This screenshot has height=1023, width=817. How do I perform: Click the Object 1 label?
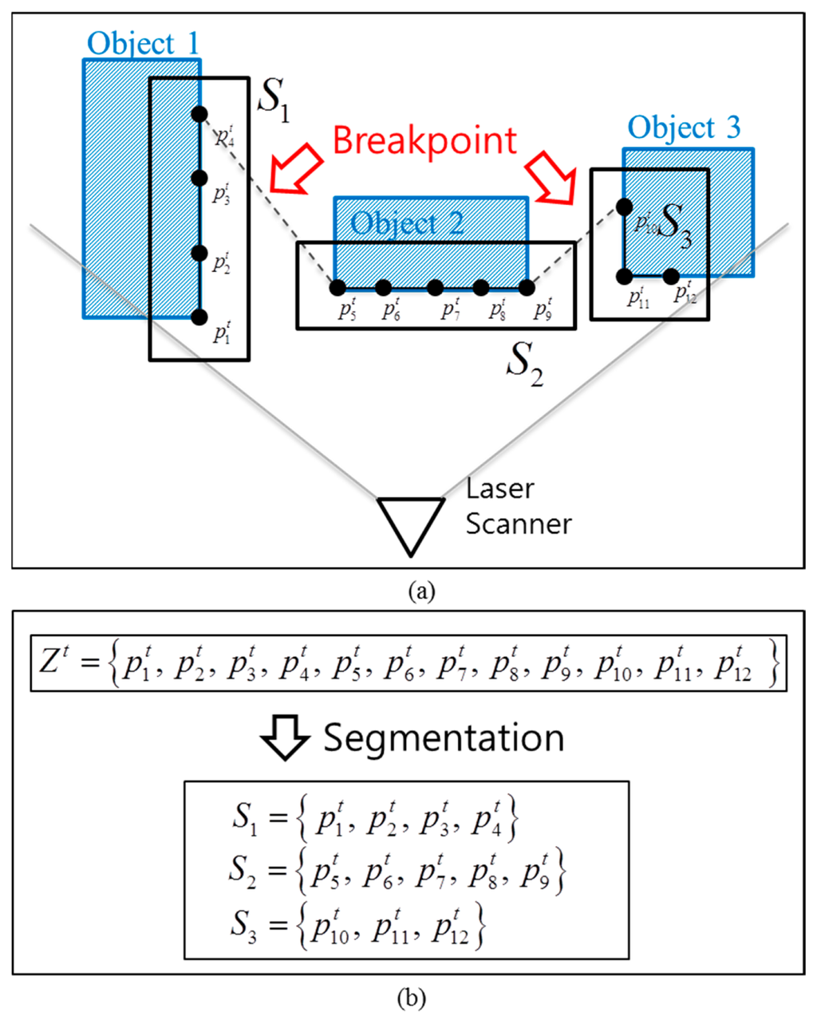click(143, 43)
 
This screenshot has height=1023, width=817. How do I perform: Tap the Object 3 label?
click(684, 128)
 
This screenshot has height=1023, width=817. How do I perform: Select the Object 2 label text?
click(407, 223)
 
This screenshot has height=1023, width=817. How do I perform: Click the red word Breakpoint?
click(424, 141)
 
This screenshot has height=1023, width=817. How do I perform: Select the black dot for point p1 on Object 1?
click(199, 317)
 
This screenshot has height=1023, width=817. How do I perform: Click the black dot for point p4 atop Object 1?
click(199, 114)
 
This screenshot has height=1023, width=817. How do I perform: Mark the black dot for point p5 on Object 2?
click(337, 287)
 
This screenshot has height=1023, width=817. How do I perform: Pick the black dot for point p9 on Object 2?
click(526, 287)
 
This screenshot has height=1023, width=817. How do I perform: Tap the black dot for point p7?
click(435, 287)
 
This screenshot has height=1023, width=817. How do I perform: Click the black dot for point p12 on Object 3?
click(671, 277)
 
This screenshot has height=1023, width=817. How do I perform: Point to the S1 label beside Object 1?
click(272, 100)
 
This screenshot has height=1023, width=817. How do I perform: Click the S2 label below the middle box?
click(525, 365)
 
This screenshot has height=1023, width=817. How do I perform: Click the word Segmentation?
click(444, 738)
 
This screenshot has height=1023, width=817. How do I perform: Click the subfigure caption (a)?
click(420, 592)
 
